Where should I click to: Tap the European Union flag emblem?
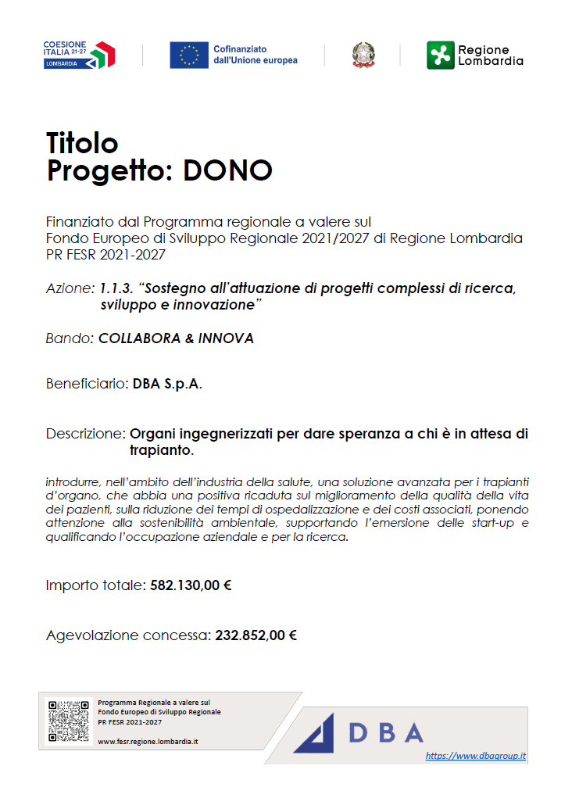189,55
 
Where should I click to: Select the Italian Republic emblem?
363,55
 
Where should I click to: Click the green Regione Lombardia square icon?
440,55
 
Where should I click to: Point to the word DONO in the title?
227,170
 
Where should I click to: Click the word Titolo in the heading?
82,143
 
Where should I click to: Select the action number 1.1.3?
116,288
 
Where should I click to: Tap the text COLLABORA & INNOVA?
176,338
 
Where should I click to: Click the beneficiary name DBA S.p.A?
167,384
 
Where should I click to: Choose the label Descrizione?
85,433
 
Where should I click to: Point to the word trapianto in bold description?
160,450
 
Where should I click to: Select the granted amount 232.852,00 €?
256,635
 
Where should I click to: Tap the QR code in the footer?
68,721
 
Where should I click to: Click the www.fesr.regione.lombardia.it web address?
148,740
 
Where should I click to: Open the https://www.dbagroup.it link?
475,756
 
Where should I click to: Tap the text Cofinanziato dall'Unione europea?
256,55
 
